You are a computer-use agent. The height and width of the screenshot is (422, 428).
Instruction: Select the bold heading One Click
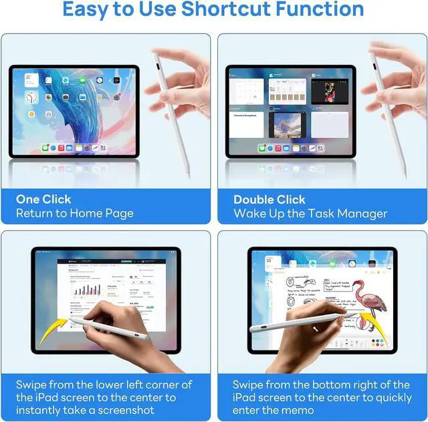click(x=43, y=199)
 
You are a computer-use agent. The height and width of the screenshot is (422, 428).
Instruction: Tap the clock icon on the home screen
click(x=31, y=98)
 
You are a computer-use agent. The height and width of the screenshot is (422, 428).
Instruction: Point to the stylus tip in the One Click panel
click(x=187, y=175)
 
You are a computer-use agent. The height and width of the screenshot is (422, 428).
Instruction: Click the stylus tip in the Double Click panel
click(x=404, y=175)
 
